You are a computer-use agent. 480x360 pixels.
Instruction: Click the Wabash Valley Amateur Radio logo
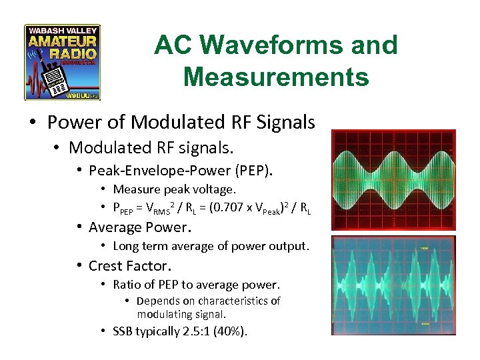pyautogui.click(x=62, y=62)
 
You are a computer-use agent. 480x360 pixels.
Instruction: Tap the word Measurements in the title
pyautogui.click(x=275, y=77)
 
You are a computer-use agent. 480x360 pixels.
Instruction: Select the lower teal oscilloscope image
pyautogui.click(x=393, y=285)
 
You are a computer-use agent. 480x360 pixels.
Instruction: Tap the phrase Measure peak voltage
pyautogui.click(x=175, y=190)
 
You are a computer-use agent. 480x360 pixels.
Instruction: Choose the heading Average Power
pyautogui.click(x=139, y=227)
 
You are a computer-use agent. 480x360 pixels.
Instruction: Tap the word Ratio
pyautogui.click(x=127, y=285)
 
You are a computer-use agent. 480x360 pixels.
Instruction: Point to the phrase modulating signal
pyautogui.click(x=181, y=314)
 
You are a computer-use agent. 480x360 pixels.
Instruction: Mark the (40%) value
pyautogui.click(x=230, y=331)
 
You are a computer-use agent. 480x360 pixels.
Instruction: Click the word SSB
pyautogui.click(x=123, y=331)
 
